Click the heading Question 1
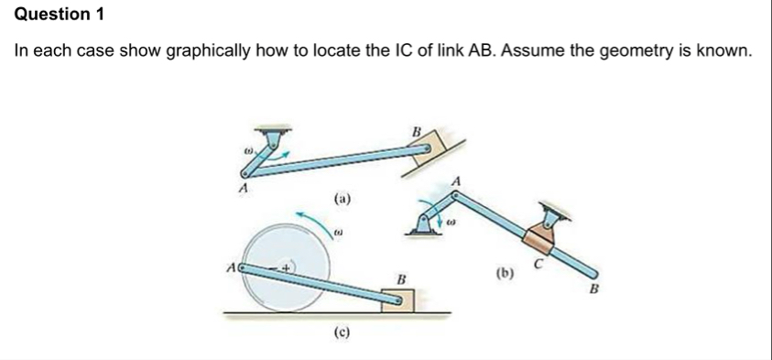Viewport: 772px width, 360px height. (54, 14)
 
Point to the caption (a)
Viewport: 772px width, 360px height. (342, 197)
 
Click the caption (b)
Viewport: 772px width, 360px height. (505, 272)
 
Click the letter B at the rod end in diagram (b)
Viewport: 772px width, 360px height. (593, 290)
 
